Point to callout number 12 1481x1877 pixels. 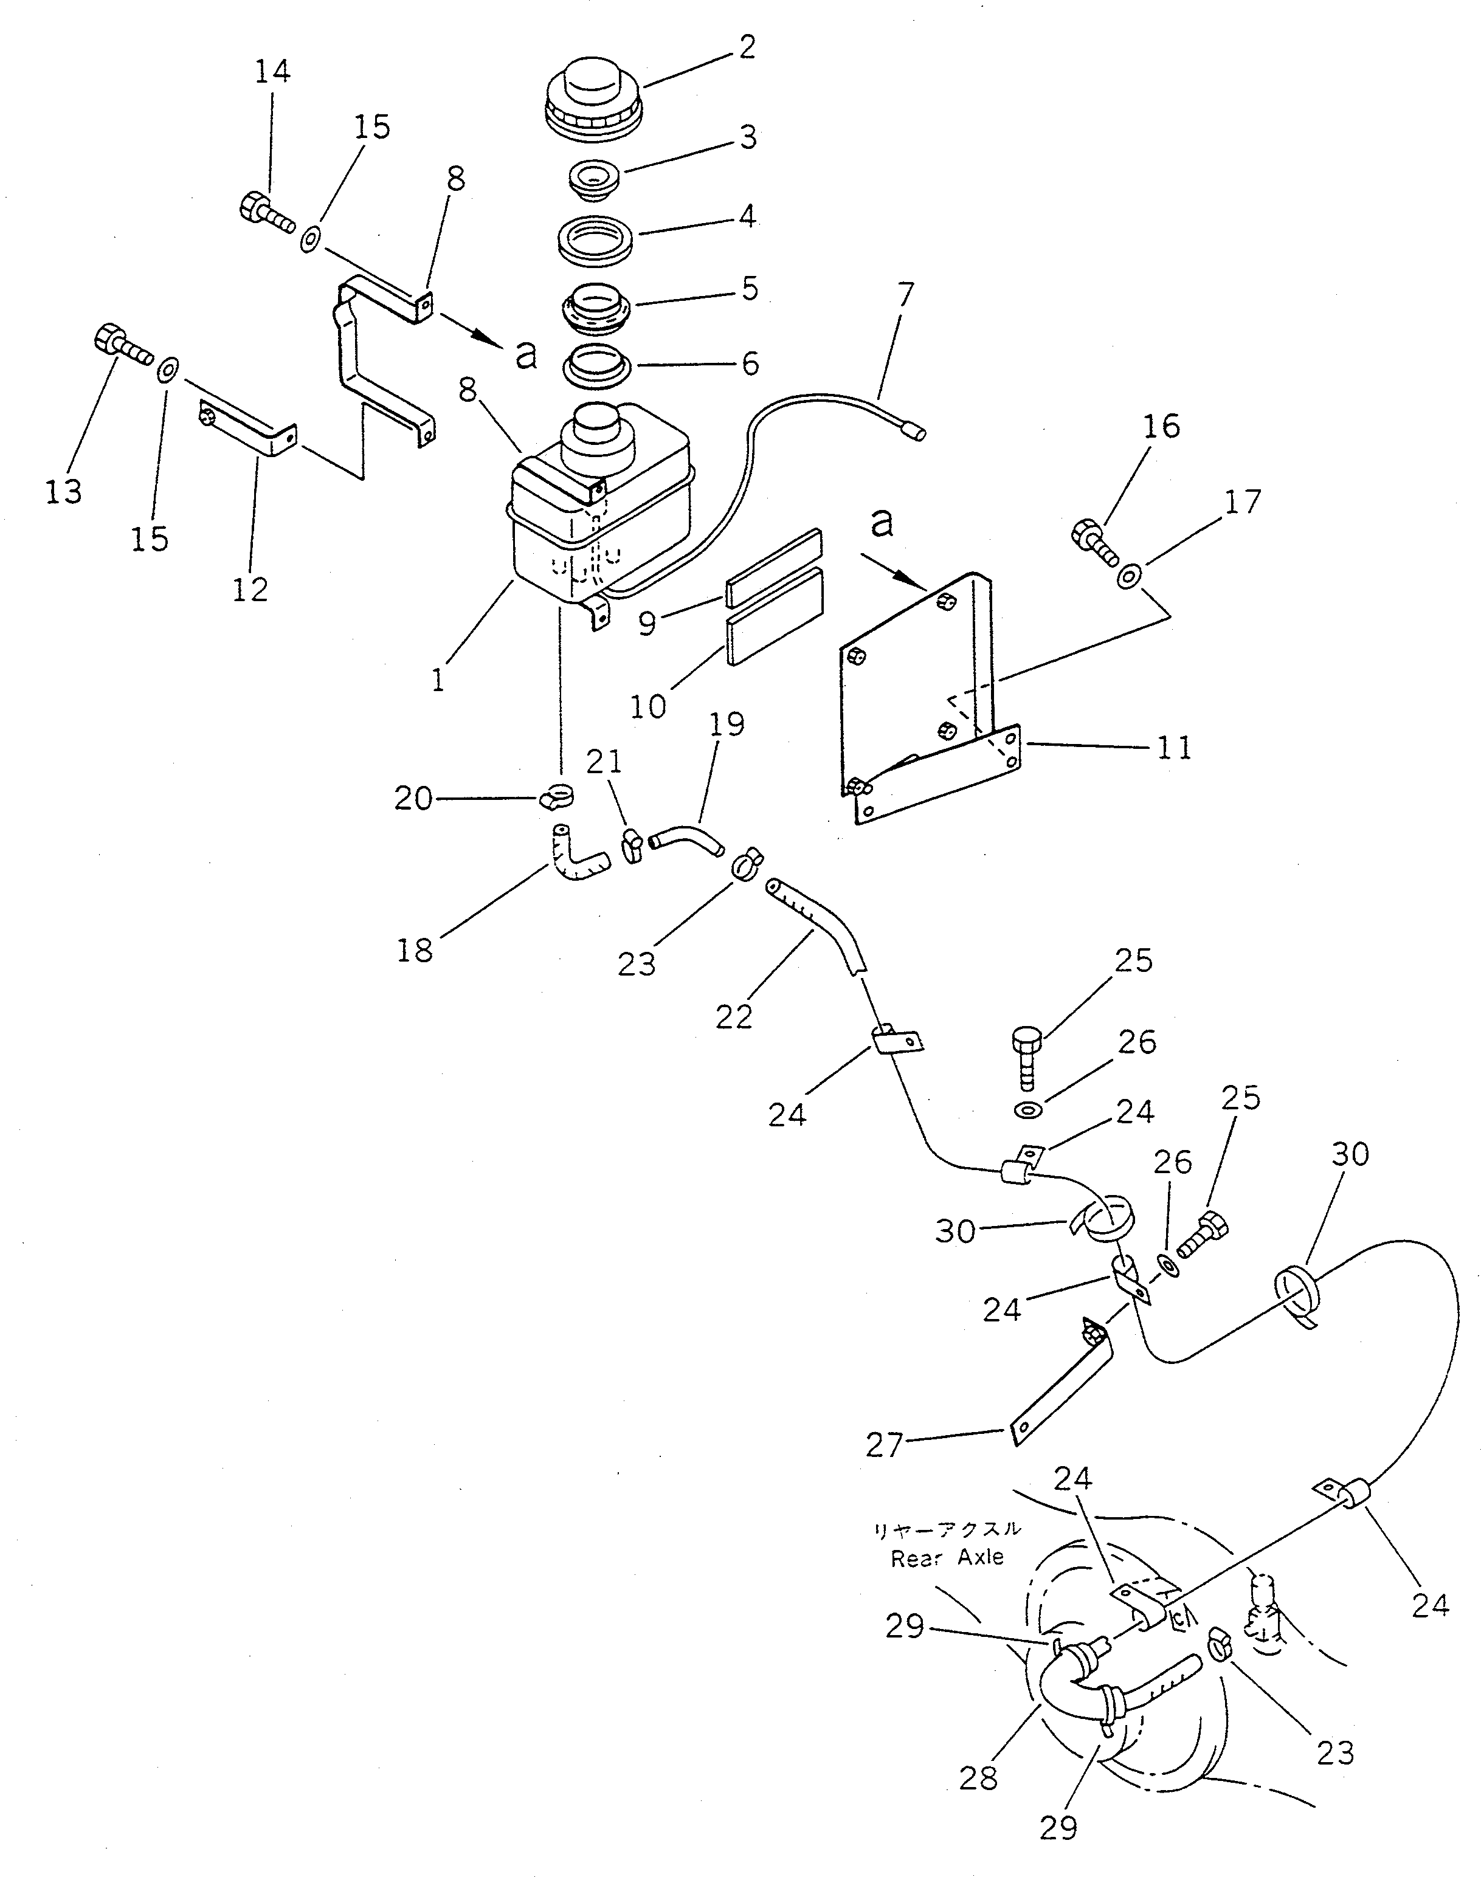(x=250, y=590)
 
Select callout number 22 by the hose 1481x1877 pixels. (x=734, y=1016)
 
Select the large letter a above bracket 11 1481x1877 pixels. (x=881, y=523)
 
